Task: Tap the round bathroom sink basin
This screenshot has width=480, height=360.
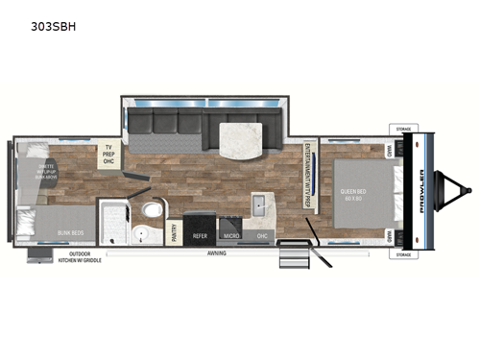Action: tap(141, 233)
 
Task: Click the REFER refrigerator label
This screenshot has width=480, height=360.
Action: tap(201, 234)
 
